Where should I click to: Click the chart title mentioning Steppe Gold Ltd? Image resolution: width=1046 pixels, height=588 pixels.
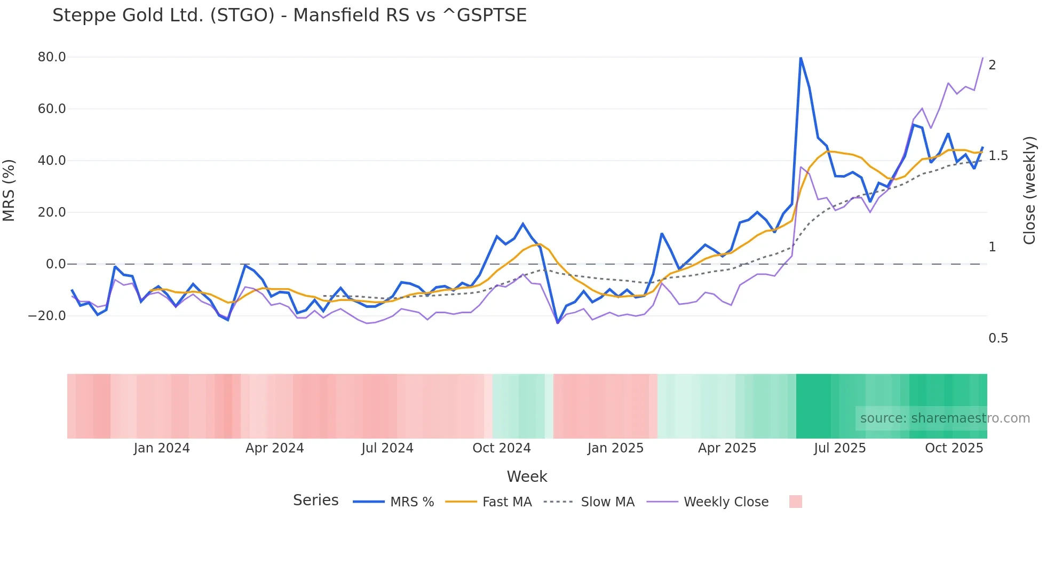point(289,15)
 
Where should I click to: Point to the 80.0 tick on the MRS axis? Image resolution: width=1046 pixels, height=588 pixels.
point(52,57)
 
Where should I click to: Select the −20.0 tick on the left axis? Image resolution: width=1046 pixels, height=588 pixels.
point(47,316)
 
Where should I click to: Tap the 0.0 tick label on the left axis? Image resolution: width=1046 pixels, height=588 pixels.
point(56,264)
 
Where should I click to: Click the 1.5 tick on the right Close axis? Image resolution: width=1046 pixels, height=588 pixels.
point(998,156)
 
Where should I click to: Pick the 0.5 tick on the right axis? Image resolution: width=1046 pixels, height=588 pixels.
point(998,338)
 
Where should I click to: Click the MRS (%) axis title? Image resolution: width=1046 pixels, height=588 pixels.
point(9,190)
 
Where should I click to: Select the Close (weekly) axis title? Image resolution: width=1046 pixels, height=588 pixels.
point(1029,190)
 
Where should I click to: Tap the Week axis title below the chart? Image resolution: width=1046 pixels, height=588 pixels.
point(527,476)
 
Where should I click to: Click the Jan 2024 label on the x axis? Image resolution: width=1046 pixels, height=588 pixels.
point(162,448)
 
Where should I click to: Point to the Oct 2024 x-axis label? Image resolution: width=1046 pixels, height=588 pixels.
point(502,448)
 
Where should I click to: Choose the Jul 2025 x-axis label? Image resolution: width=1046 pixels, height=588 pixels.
point(839,448)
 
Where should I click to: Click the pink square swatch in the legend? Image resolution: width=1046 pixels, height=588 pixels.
point(795,502)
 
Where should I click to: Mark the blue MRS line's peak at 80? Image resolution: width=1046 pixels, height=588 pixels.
point(801,58)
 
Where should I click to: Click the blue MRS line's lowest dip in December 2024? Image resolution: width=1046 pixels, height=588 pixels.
point(558,322)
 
